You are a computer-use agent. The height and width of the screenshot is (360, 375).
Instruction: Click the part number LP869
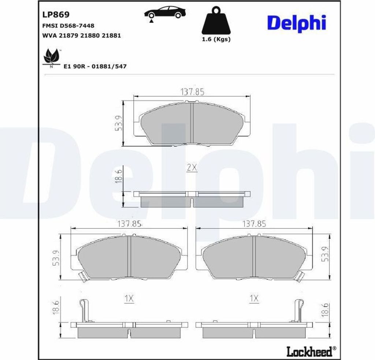tap(56, 15)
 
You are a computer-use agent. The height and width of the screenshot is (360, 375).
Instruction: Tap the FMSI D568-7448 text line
tap(68, 26)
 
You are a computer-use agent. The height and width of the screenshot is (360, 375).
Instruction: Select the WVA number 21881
tap(111, 36)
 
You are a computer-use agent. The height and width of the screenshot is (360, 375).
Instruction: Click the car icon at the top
tap(165, 14)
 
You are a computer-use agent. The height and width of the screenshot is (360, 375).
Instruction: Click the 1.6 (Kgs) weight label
tap(216, 39)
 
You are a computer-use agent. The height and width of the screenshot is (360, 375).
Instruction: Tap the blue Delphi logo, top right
tap(297, 23)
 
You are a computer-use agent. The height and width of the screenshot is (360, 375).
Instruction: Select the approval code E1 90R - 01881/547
tap(95, 66)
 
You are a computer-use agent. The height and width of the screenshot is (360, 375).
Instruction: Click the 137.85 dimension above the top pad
tap(192, 92)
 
